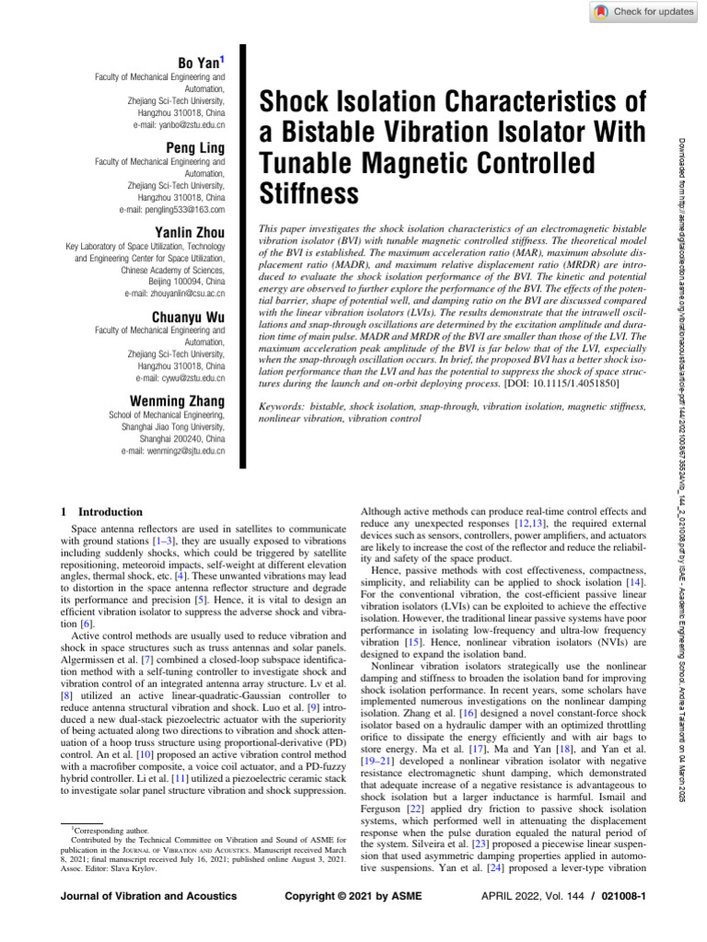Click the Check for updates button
(643, 11)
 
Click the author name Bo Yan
(203, 62)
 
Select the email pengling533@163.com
(179, 208)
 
